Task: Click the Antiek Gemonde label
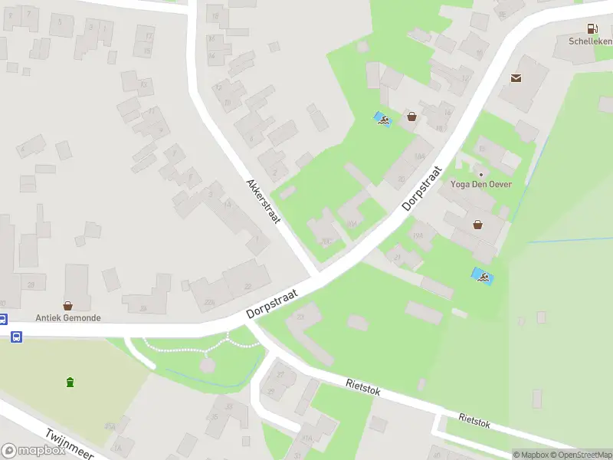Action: [68, 317]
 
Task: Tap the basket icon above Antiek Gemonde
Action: [67, 304]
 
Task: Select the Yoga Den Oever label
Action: [481, 184]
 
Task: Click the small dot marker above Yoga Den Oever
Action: [481, 174]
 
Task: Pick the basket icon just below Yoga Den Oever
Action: [478, 225]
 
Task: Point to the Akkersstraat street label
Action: [264, 201]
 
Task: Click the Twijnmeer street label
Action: [69, 444]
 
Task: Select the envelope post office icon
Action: [516, 77]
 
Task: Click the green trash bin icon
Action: [70, 382]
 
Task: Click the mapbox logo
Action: [34, 451]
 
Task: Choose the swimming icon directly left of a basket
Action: [382, 119]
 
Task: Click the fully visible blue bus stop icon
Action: [16, 336]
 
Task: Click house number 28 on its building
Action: [31, 284]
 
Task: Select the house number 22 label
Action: [247, 286]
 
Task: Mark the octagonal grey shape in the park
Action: [208, 365]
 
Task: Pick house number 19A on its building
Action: [418, 235]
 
